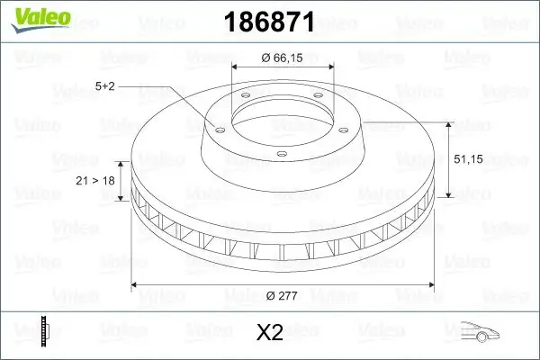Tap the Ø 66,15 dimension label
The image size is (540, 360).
(x=283, y=58)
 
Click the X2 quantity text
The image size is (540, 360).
(x=270, y=333)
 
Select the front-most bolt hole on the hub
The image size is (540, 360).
(x=282, y=155)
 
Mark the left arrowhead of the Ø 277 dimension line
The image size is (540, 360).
(x=136, y=286)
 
